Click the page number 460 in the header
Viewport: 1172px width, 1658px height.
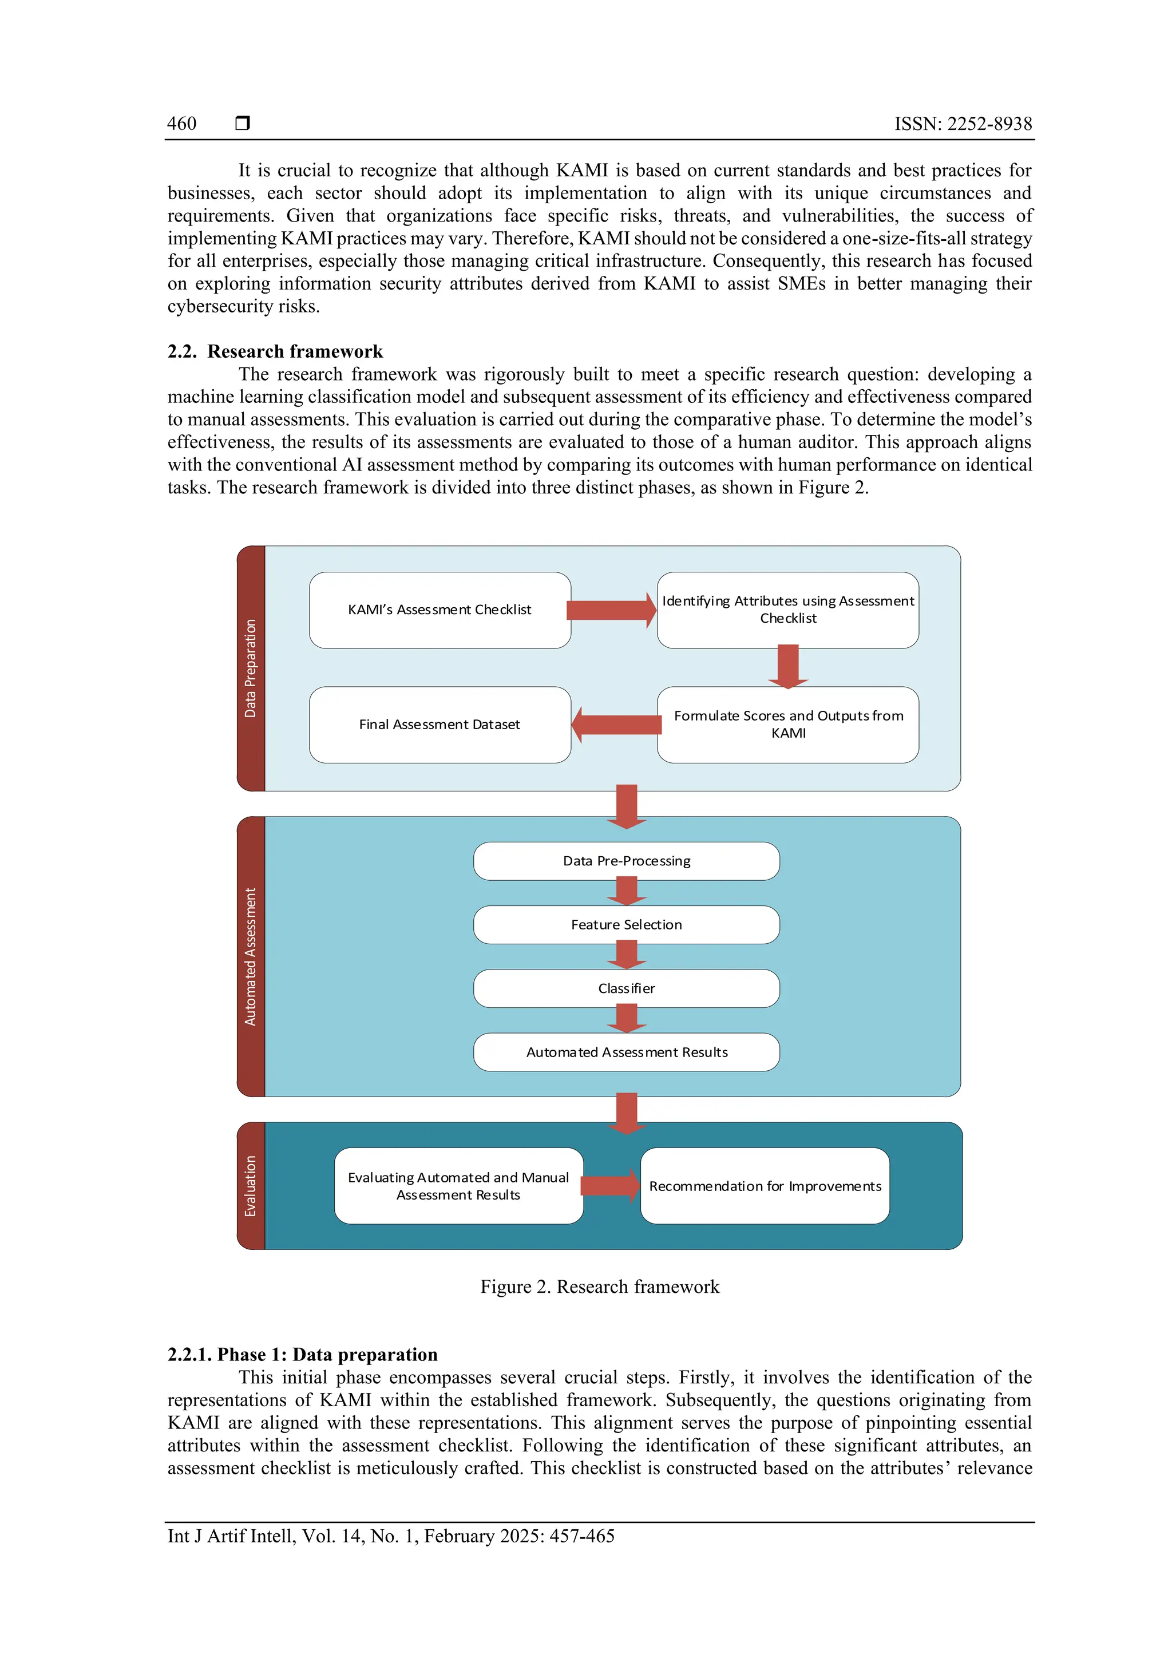tap(181, 124)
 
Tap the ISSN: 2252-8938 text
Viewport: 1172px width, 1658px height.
tap(963, 124)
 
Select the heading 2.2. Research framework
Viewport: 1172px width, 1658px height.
tap(275, 351)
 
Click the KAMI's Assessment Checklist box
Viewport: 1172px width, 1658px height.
tap(439, 610)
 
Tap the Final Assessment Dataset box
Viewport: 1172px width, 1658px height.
tap(439, 725)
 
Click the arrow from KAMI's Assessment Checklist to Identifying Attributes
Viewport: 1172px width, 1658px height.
tap(611, 610)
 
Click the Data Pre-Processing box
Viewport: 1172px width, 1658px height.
tap(626, 861)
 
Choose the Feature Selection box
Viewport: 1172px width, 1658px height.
tap(626, 924)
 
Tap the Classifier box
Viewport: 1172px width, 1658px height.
tap(626, 988)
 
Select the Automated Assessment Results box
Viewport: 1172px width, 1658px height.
tap(626, 1052)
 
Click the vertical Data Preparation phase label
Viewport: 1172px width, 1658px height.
tap(251, 668)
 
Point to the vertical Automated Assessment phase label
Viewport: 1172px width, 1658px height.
tap(251, 956)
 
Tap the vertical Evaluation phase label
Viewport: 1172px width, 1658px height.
tap(251, 1186)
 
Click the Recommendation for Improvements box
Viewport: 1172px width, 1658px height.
tap(765, 1186)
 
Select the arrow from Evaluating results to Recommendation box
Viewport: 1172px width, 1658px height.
tap(610, 1186)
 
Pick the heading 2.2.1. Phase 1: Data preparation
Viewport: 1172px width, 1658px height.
tap(303, 1355)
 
